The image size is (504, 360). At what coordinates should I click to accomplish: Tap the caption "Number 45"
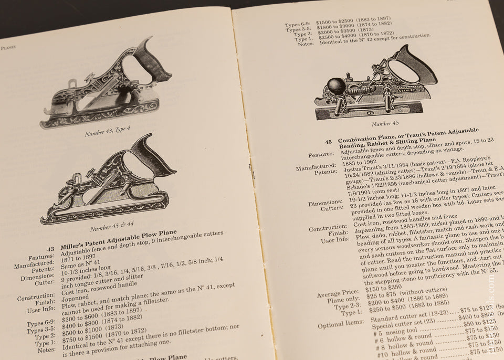click(x=385, y=124)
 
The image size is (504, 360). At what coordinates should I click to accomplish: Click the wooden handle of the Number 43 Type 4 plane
click(x=153, y=59)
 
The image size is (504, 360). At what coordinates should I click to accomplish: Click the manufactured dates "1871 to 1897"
click(x=83, y=252)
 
